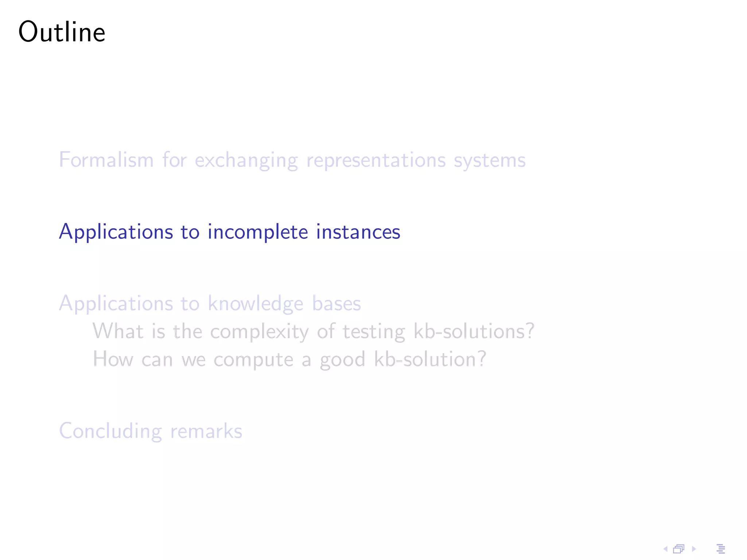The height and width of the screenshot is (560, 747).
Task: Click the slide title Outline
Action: pos(62,32)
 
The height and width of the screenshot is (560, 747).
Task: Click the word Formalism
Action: pos(106,160)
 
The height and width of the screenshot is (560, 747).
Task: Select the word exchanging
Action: pos(246,161)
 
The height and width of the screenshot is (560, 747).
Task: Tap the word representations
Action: pos(376,161)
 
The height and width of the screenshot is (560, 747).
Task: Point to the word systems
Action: pos(489,161)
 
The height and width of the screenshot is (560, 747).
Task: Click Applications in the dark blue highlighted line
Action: pos(116,232)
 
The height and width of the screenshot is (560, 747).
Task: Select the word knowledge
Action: pos(255,304)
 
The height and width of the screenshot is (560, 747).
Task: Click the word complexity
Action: pos(259,332)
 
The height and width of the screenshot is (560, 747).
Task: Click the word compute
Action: pos(253,360)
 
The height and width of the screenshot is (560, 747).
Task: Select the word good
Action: pos(342,360)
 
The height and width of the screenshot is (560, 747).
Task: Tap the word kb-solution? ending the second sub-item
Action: pos(430,359)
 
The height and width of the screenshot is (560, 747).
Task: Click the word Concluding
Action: pos(111,431)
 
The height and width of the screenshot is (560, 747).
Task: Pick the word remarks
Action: pos(206,431)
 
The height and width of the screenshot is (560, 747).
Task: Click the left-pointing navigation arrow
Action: pos(665,549)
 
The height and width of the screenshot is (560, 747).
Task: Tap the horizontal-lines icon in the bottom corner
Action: pos(721,549)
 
